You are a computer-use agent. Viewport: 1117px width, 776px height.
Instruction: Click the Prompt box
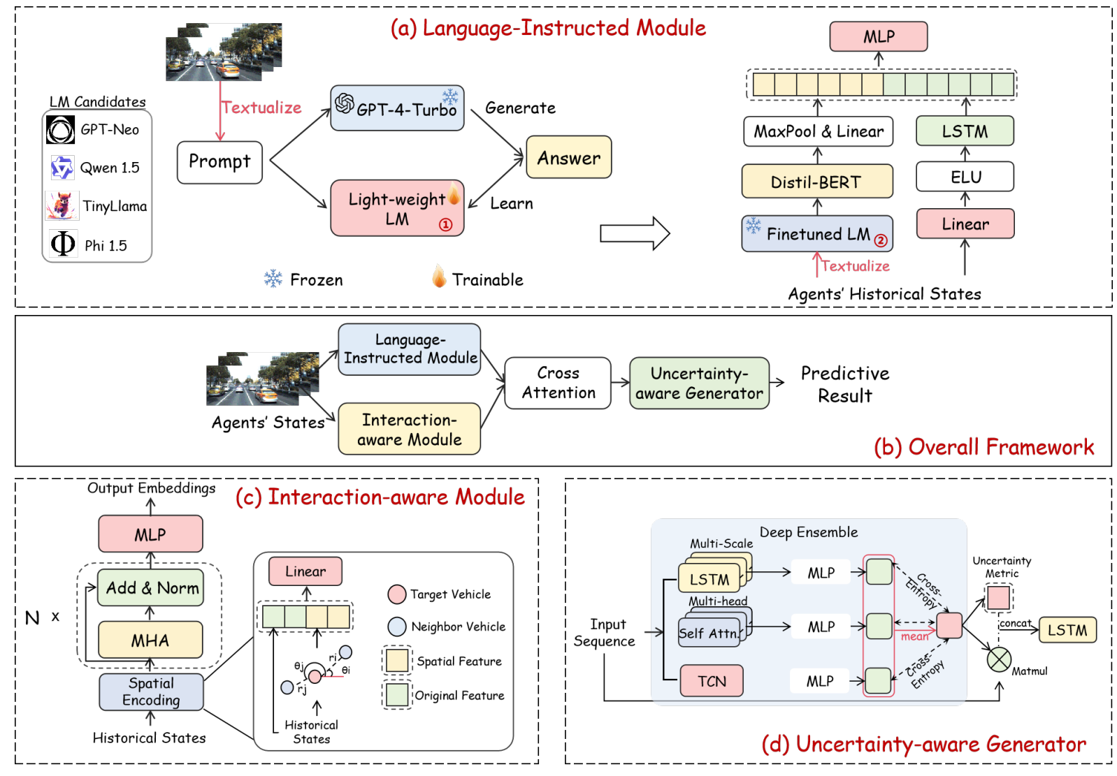(x=219, y=162)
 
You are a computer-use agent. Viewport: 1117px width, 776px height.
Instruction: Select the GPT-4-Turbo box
(x=397, y=108)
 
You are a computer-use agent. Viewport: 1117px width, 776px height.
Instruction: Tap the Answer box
(x=568, y=157)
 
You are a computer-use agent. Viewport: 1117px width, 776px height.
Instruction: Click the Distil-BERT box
(x=816, y=182)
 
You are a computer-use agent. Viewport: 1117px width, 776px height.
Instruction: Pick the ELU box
(x=965, y=177)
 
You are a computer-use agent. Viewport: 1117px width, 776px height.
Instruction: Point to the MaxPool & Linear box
(x=818, y=131)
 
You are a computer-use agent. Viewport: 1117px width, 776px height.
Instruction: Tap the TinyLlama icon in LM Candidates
(x=62, y=205)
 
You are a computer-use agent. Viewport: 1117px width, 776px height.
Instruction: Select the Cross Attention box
(x=558, y=383)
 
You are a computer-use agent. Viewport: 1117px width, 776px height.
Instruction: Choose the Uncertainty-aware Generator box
(x=699, y=383)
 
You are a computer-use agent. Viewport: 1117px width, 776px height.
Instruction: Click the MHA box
(x=150, y=640)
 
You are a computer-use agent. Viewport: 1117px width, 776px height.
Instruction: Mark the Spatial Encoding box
(x=151, y=691)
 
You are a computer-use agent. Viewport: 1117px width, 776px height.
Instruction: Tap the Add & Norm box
(x=151, y=587)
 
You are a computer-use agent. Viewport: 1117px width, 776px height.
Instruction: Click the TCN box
(x=712, y=681)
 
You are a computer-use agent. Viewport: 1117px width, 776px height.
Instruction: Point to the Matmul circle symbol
(x=999, y=659)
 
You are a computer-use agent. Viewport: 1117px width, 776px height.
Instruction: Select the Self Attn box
(x=709, y=632)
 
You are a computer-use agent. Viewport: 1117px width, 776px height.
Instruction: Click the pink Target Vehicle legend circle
(x=397, y=594)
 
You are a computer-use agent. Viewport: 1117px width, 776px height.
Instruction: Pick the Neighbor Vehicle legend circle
(x=397, y=627)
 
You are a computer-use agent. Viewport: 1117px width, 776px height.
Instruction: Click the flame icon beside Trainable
(x=439, y=277)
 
